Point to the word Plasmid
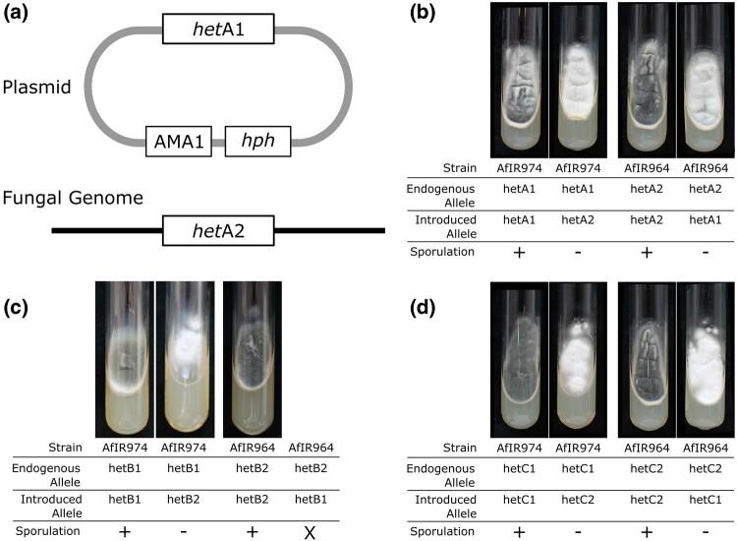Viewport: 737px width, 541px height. click(x=42, y=88)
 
